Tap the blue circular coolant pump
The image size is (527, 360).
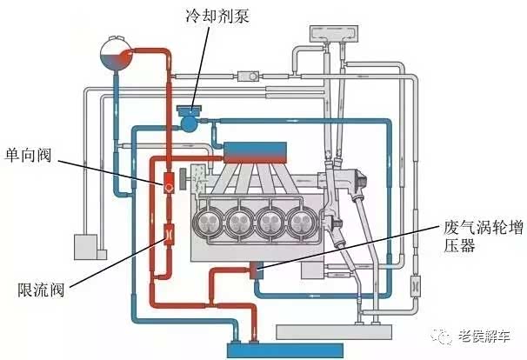189,123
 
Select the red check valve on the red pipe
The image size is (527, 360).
167,183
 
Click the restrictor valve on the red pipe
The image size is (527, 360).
167,234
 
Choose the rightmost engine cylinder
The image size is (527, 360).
300,219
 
